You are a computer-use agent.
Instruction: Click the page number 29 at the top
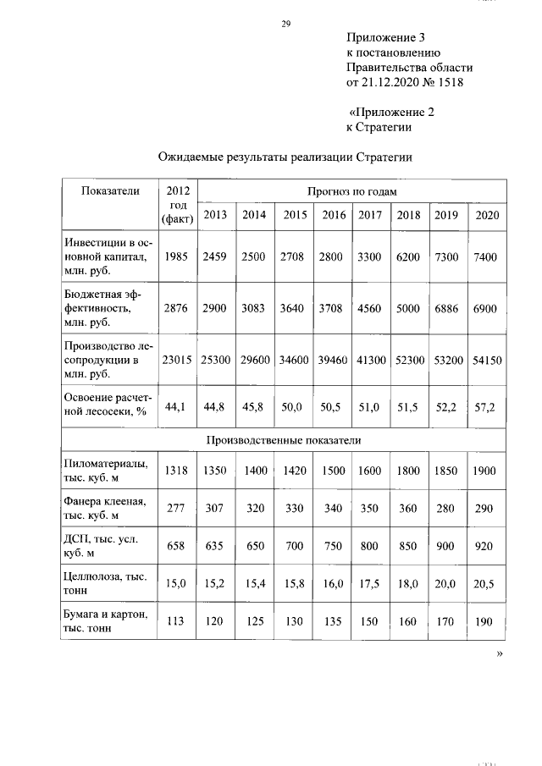click(286, 24)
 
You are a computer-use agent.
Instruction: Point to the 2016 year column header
click(334, 215)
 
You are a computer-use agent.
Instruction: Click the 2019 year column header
click(446, 215)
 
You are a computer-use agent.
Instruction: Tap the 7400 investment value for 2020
click(486, 256)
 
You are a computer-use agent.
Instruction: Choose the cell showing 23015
click(178, 360)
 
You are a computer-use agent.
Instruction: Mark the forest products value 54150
click(486, 360)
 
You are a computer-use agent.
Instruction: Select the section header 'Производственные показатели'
click(284, 440)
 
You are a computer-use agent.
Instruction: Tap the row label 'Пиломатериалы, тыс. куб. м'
click(106, 471)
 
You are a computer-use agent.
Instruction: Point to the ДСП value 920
click(484, 546)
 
